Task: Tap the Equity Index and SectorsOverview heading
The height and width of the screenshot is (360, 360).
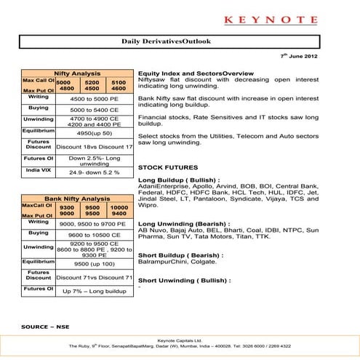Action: point(196,74)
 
